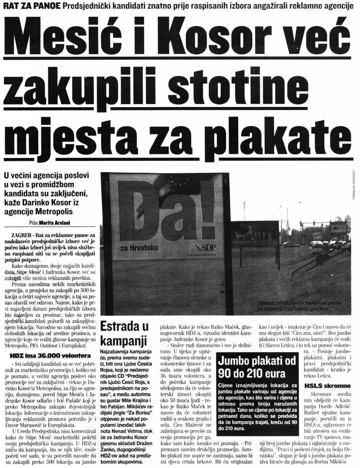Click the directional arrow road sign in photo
tap(338, 227)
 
